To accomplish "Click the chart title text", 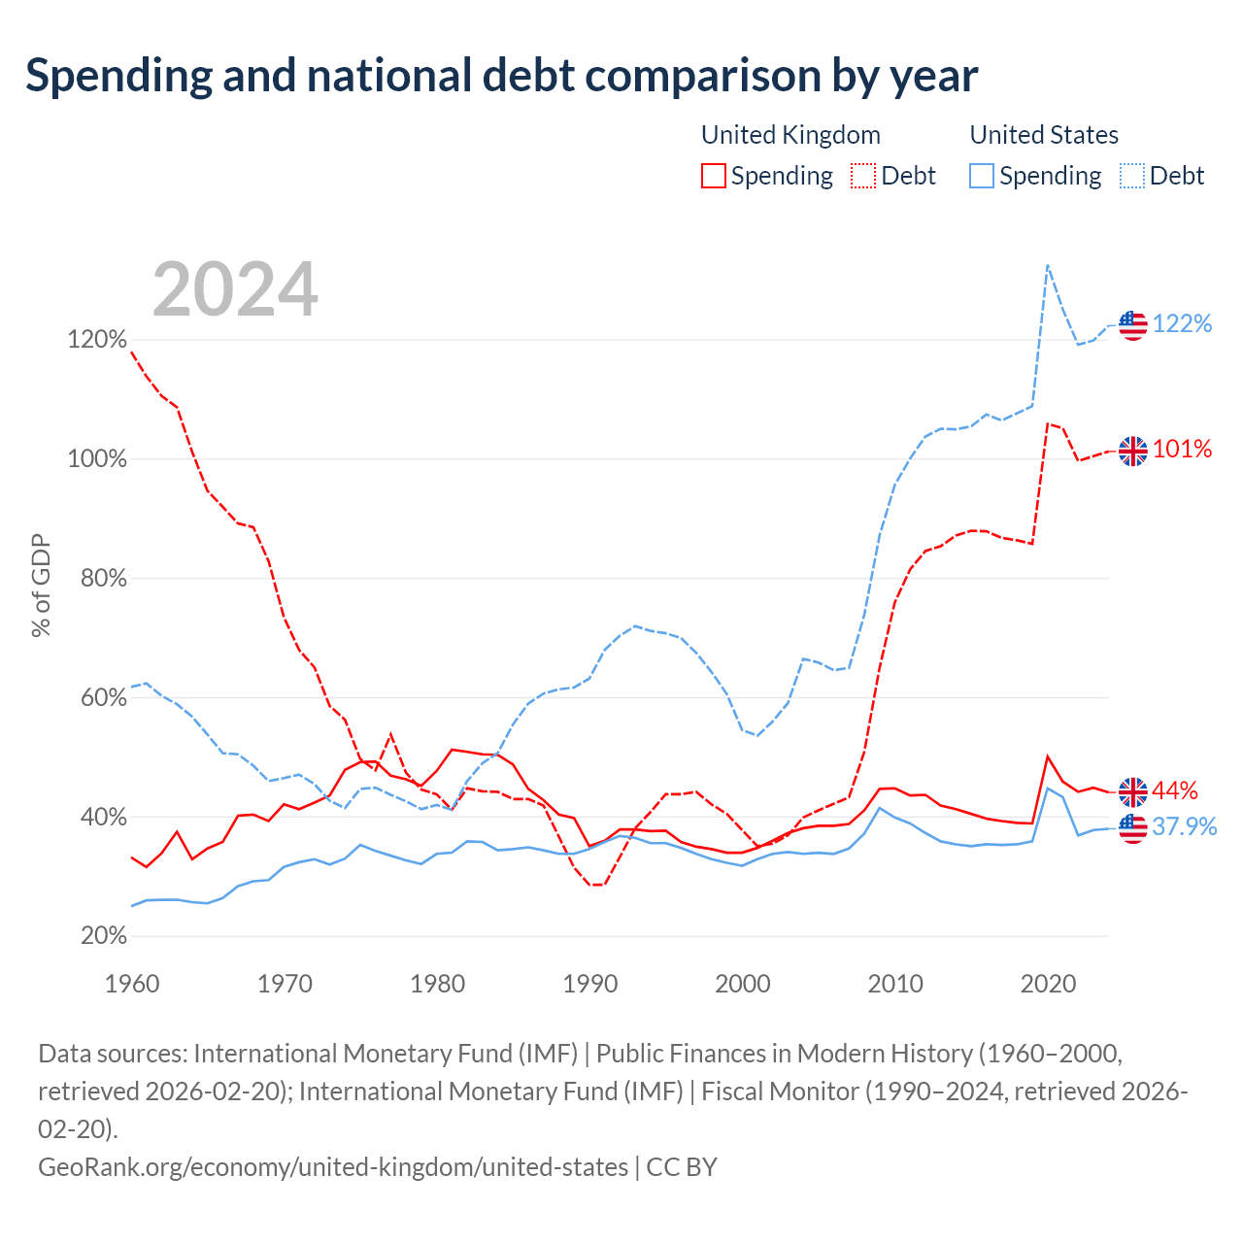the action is click(502, 76).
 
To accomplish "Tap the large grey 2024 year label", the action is click(235, 288).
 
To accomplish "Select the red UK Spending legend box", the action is click(713, 176).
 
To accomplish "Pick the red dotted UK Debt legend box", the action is click(862, 176).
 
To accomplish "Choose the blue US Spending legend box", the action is click(981, 176).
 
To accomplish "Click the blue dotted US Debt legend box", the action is click(1131, 176).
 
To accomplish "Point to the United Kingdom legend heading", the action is click(790, 135).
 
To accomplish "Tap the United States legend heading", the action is click(1044, 135).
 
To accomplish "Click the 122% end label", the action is click(1182, 323).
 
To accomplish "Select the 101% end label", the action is click(1182, 449).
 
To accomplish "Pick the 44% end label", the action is click(1175, 790).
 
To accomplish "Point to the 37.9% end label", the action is click(1185, 826).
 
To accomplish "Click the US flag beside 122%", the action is click(1132, 325).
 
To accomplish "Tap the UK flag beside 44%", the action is click(1132, 792).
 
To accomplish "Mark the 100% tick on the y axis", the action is click(97, 458).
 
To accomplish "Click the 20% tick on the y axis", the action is click(103, 935).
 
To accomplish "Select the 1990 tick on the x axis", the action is click(589, 984).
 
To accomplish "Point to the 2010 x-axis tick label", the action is click(894, 984).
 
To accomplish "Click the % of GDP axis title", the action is click(41, 585).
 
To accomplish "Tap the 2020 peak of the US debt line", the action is click(1048, 265).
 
